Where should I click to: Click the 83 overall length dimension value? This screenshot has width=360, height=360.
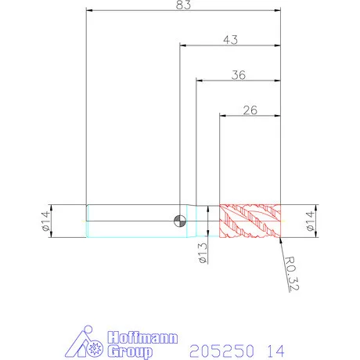(x=183, y=5)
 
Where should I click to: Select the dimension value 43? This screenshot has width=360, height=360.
(x=230, y=40)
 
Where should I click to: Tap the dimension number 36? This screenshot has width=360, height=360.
(x=239, y=75)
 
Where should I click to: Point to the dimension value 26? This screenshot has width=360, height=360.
(x=250, y=110)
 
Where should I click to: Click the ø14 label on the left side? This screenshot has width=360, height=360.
(x=45, y=221)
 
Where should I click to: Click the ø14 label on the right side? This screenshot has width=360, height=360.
(x=310, y=221)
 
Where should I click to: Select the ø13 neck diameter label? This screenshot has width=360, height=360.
(x=203, y=253)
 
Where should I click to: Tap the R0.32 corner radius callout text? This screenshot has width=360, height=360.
(x=291, y=273)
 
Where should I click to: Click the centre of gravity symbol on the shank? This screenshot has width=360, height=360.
(x=180, y=221)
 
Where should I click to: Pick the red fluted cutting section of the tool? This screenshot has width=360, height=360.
(x=250, y=221)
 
